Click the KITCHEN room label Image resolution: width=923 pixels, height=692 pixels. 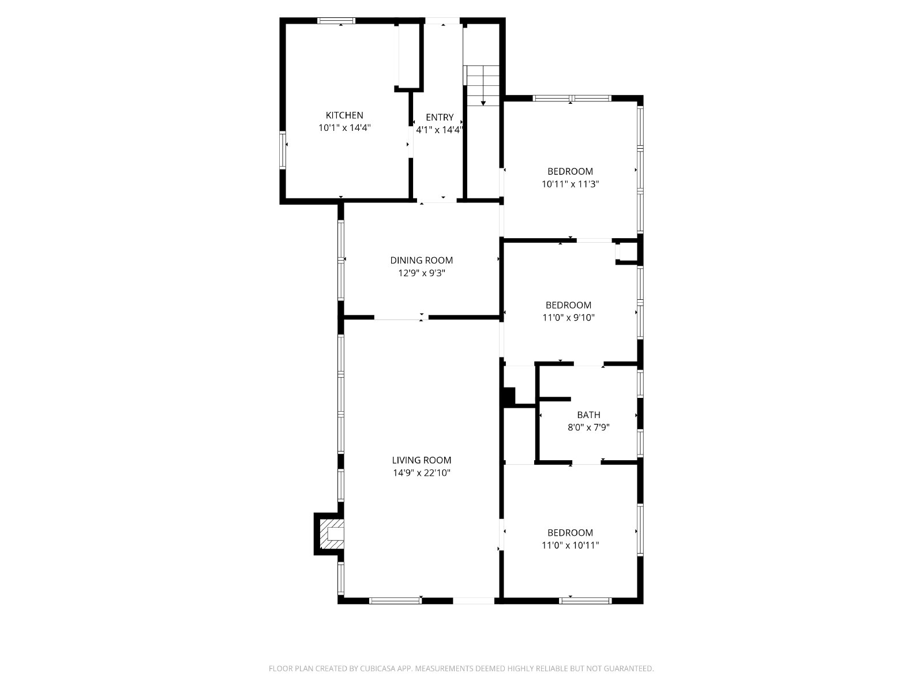point(344,115)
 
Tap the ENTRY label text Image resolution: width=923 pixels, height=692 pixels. point(440,117)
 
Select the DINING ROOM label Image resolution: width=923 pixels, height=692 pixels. point(421,261)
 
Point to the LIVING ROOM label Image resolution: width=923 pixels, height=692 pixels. point(421,460)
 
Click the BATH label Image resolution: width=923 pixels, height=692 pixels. point(588,415)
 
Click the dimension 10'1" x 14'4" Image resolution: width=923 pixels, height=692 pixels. point(344,127)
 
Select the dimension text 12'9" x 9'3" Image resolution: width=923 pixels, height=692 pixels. point(421,273)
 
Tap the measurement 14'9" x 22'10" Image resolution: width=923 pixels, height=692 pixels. point(421,473)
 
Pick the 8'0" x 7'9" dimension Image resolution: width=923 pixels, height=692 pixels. point(588,428)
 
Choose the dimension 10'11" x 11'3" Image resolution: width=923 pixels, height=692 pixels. point(570,184)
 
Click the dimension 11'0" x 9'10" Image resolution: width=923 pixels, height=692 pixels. point(568,318)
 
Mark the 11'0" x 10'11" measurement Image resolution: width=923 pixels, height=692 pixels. point(570,546)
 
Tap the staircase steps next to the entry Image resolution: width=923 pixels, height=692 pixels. point(482,85)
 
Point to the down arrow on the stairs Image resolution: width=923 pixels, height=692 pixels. point(483,98)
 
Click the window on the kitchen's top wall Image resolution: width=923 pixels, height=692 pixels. point(336,21)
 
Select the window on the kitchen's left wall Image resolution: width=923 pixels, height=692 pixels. point(283,150)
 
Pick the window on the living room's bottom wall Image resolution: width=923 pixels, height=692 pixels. point(395,601)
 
